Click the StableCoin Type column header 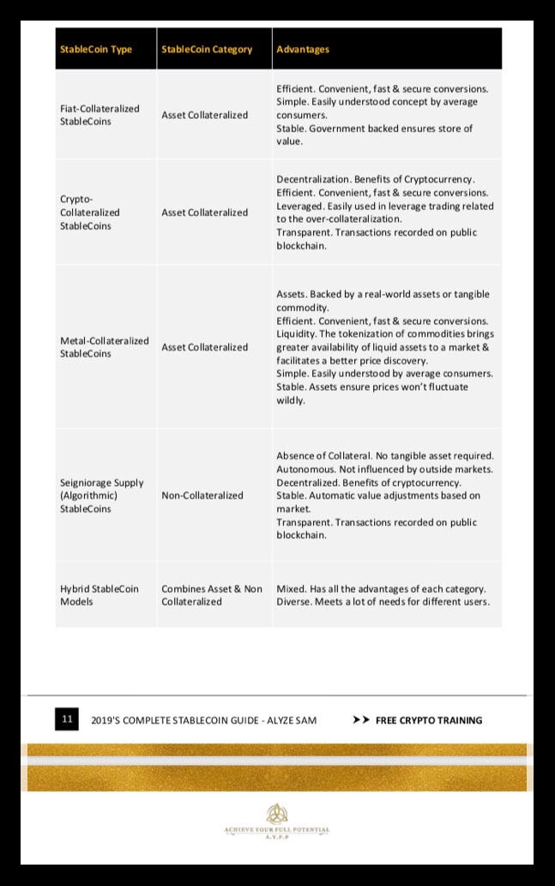(x=96, y=49)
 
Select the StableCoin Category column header (x=207, y=49)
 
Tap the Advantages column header (x=303, y=49)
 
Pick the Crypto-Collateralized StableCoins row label (x=90, y=212)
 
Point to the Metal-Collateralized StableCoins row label (x=104, y=347)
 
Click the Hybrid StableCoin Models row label (x=99, y=595)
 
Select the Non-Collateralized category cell (x=202, y=495)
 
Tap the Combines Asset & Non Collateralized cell (x=212, y=595)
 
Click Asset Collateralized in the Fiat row (x=205, y=115)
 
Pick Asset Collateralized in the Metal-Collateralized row (x=205, y=347)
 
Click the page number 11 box (x=67, y=719)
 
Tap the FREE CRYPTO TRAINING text (x=429, y=720)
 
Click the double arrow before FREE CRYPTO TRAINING (x=361, y=720)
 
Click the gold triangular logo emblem (x=276, y=813)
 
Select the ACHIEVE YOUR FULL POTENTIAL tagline (x=276, y=829)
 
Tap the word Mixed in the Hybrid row (x=290, y=589)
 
